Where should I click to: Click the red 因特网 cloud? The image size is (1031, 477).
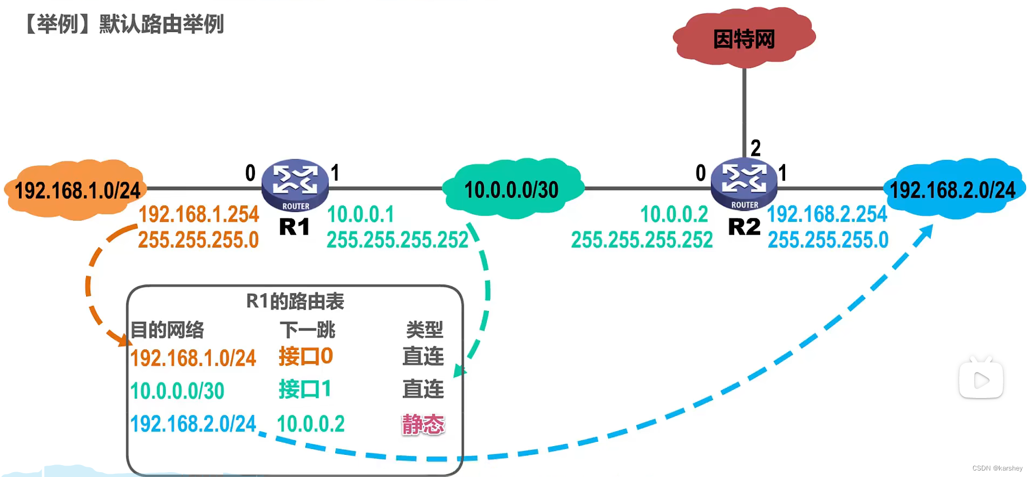743,38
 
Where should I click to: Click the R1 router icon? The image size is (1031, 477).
295,184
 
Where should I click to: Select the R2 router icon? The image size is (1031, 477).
744,183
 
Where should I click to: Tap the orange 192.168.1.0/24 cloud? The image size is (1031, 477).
76,190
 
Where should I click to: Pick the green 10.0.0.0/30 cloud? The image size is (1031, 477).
512,189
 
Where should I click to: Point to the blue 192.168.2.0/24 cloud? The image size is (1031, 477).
953,189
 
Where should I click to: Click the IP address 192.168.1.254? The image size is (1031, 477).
199,215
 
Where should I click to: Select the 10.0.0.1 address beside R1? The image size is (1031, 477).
361,215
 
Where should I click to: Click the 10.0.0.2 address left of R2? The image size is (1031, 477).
674,215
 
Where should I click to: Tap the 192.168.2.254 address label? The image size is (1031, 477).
827,215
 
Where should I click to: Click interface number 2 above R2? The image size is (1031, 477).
755,148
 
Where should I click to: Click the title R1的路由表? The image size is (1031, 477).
295,301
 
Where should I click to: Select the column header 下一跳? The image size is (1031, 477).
307,329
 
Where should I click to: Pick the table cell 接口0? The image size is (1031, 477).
305,356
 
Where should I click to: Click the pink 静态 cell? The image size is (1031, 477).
423,424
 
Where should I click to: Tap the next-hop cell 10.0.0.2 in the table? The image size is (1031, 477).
310,424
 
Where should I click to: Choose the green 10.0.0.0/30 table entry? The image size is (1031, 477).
177,391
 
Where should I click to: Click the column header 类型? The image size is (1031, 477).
425,329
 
